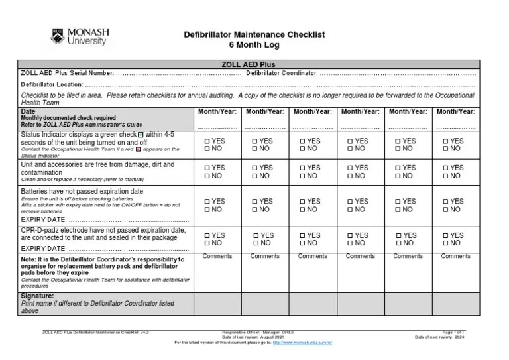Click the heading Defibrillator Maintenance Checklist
click(x=254, y=34)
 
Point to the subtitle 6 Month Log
click(x=254, y=45)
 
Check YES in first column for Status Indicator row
click(x=207, y=141)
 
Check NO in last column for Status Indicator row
click(x=446, y=149)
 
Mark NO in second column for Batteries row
click(x=255, y=210)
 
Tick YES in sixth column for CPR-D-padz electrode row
click(x=446, y=235)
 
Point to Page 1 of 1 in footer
click(x=453, y=331)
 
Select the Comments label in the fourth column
click(x=360, y=256)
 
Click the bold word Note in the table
click(x=28, y=259)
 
